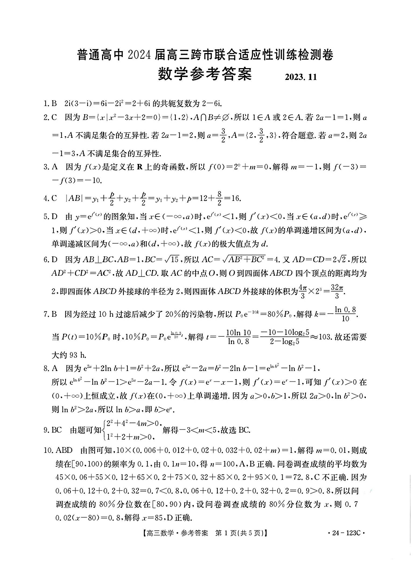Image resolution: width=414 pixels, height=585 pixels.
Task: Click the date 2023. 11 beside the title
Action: pos(301,77)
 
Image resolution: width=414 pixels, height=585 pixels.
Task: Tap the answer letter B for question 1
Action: pos(54,103)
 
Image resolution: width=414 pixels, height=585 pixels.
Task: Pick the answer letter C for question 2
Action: pos(54,117)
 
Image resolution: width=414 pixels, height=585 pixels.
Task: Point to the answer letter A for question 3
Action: pos(55,167)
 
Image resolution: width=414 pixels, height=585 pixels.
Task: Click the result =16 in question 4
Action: pos(232,198)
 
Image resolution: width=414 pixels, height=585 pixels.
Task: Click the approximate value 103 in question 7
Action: pos(325,337)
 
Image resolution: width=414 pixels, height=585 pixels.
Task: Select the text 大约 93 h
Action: pos(69,355)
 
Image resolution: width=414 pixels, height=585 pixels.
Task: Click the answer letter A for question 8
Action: pos(55,368)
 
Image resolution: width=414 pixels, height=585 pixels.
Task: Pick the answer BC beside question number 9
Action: pos(57,430)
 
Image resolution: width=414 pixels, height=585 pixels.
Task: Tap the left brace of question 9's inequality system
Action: pos(104,430)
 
